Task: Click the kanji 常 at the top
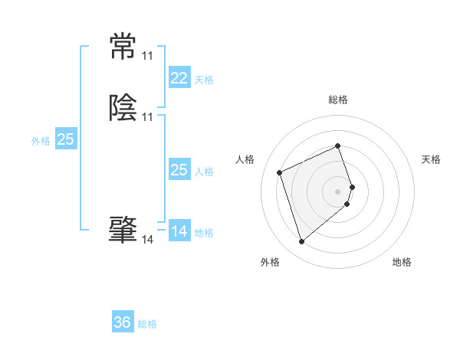pos(123,47)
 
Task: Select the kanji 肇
pos(123,230)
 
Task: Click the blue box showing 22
pos(179,78)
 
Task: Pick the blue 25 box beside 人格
pos(179,170)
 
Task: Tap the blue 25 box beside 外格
pos(66,139)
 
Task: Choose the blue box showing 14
pos(179,231)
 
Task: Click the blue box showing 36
pos(123,322)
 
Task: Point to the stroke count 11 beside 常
pos(147,57)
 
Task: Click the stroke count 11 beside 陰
pos(147,117)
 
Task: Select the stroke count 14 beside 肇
pos(147,240)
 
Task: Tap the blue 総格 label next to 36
pos(147,324)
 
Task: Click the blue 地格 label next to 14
pos(204,233)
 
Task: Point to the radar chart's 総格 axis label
pos(338,100)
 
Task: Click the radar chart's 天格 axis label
pos(432,159)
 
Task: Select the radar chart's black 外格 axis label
pos(270,263)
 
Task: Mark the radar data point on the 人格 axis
pos(280,172)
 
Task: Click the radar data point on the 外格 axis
pos(302,242)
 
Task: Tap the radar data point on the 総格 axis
pos(338,146)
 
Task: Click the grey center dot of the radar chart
pos(338,191)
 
